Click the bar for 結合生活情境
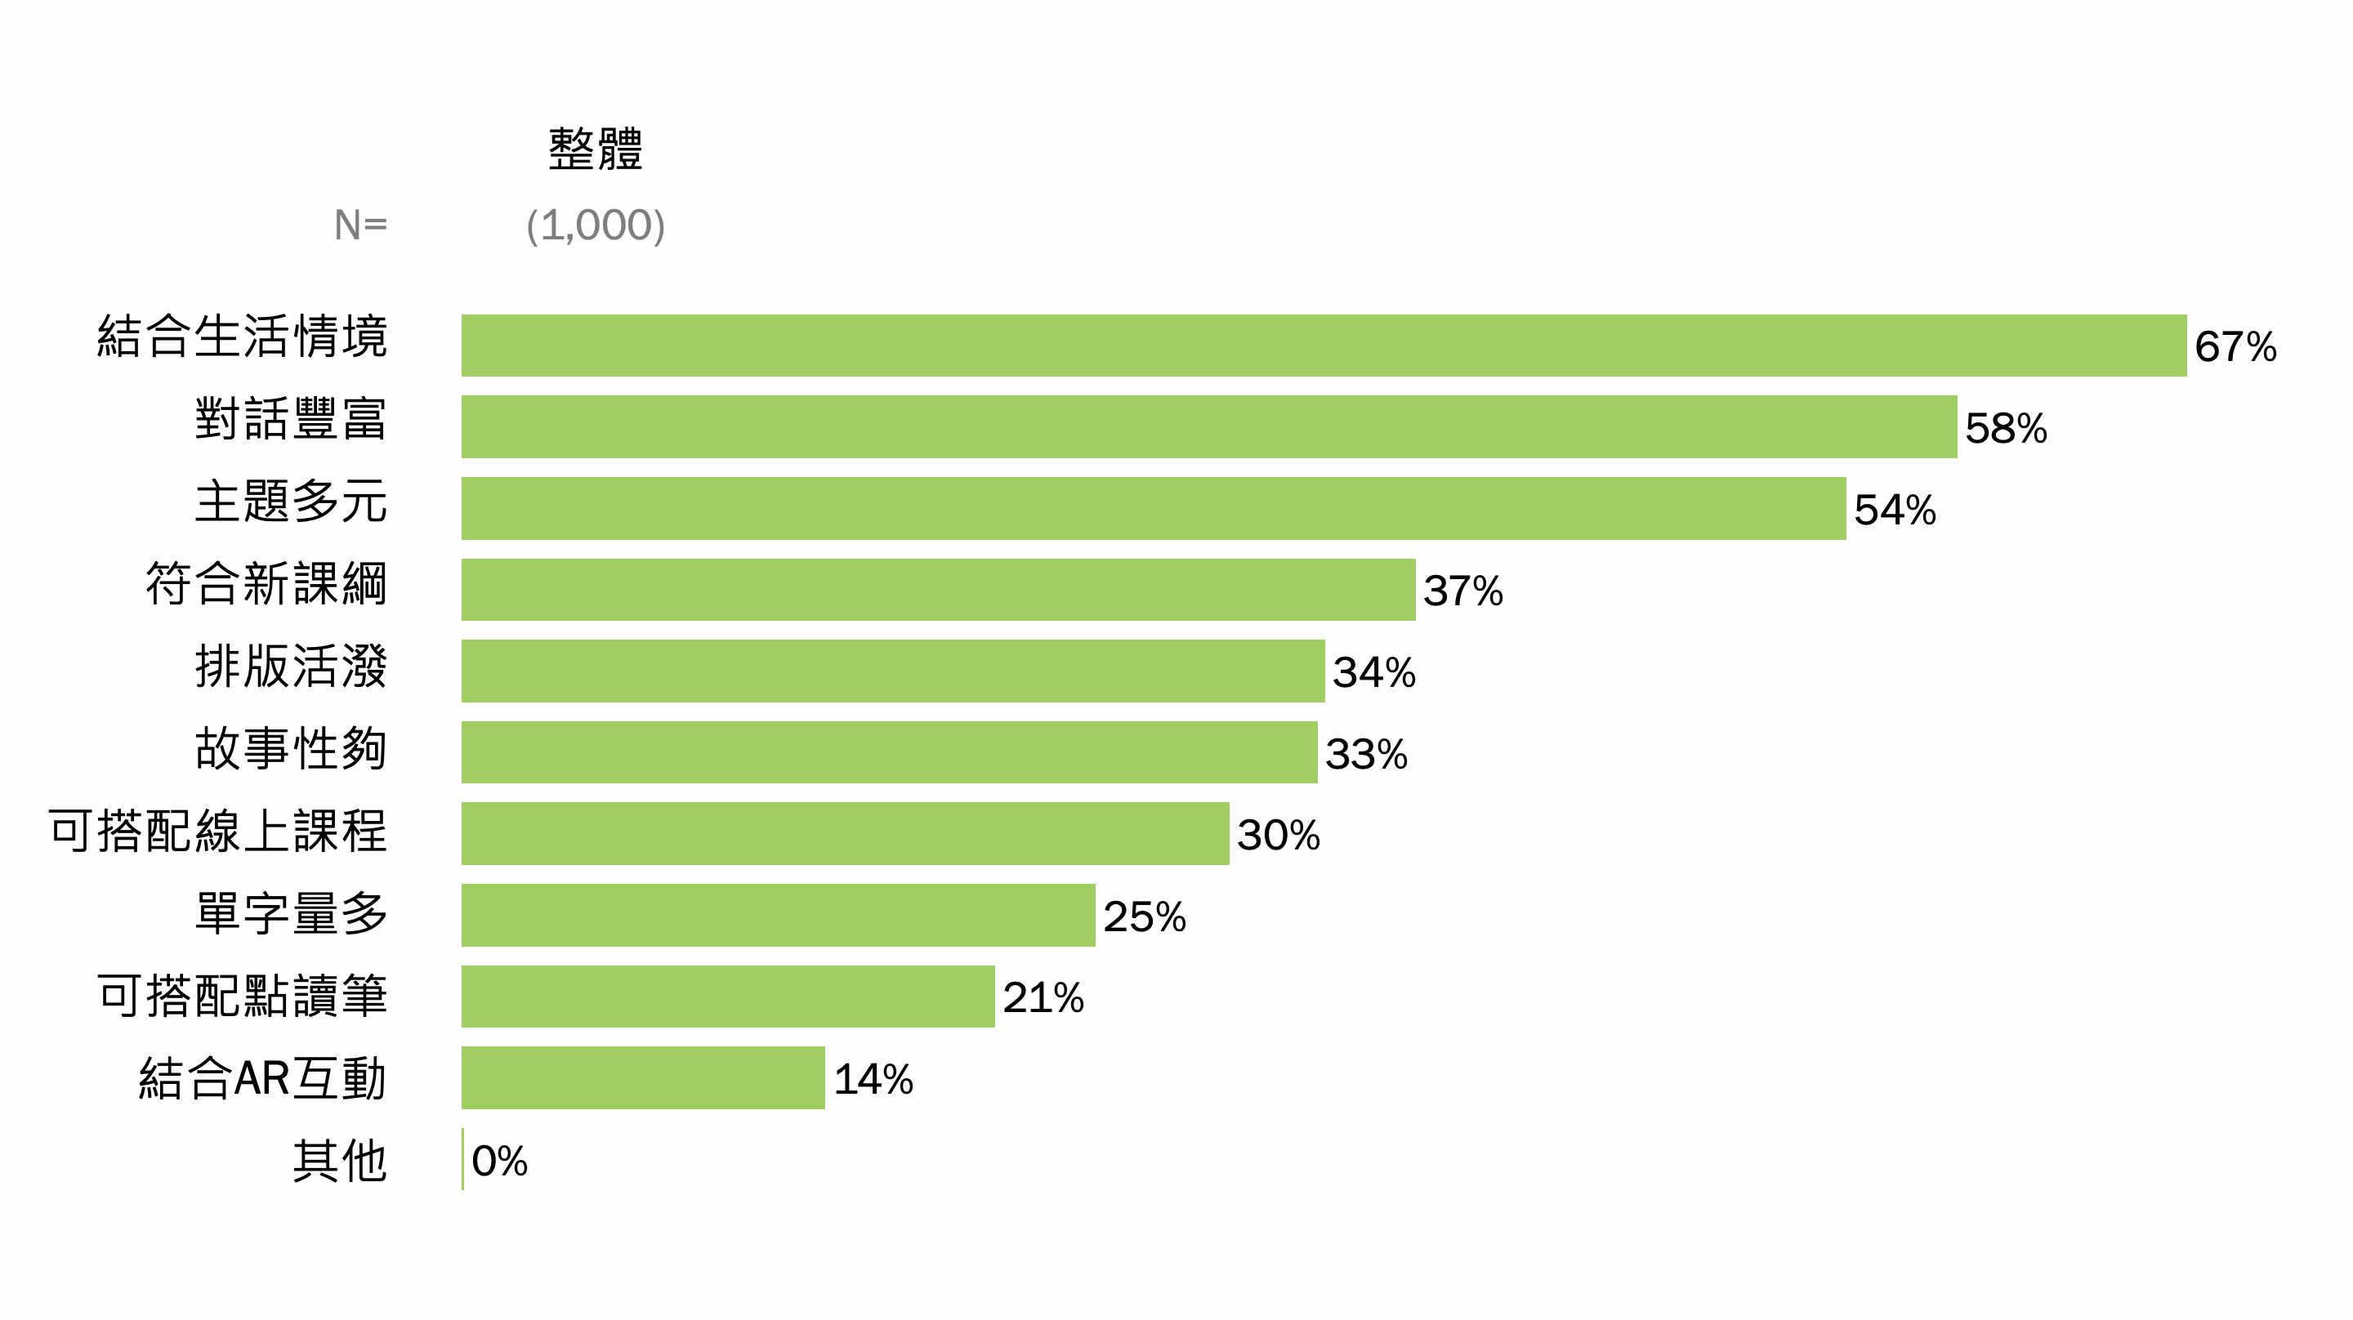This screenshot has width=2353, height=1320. tap(1323, 346)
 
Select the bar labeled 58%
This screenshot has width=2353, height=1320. tap(1208, 426)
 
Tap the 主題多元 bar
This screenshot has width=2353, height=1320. tap(1153, 508)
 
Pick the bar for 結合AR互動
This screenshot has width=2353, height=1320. tap(643, 1078)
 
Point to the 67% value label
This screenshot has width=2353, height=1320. tap(2235, 347)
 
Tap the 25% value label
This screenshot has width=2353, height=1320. tap(1144, 916)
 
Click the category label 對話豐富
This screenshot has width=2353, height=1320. tap(291, 419)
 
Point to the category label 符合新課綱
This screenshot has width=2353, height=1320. tap(266, 584)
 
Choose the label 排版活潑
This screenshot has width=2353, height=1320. tap(291, 666)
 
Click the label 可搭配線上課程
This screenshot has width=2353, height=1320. tap(217, 832)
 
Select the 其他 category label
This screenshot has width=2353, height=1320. tap(339, 1161)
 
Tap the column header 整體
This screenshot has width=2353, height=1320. tap(596, 149)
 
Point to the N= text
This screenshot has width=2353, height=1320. tap(359, 225)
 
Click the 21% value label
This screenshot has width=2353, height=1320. tap(1043, 997)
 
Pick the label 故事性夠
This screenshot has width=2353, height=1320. tap(291, 748)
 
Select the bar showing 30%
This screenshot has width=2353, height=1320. tap(845, 833)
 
